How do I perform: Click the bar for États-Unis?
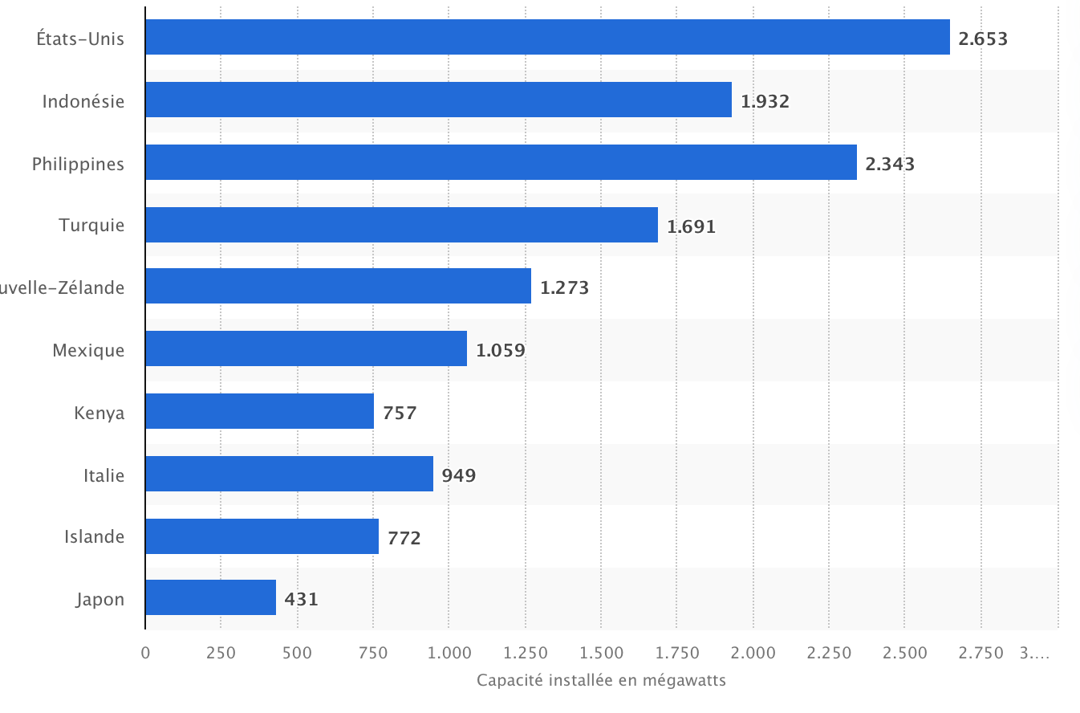tap(547, 37)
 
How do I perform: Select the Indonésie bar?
tap(438, 100)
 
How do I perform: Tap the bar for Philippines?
tap(501, 162)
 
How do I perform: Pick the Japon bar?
tap(210, 597)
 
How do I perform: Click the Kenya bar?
tap(259, 411)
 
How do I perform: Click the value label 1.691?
tap(691, 226)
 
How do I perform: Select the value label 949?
tap(458, 475)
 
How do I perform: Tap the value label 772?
tap(404, 538)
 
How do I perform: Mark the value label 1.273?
tap(564, 287)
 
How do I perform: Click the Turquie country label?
tap(91, 225)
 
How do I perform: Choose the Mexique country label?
tap(88, 350)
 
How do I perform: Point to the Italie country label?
tap(104, 475)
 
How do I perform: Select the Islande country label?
tap(95, 536)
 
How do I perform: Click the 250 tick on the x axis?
tap(221, 653)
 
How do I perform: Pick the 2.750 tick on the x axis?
tap(981, 653)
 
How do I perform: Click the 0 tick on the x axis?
tap(145, 653)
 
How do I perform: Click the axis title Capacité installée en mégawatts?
tap(601, 681)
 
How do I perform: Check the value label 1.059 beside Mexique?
tap(500, 350)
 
